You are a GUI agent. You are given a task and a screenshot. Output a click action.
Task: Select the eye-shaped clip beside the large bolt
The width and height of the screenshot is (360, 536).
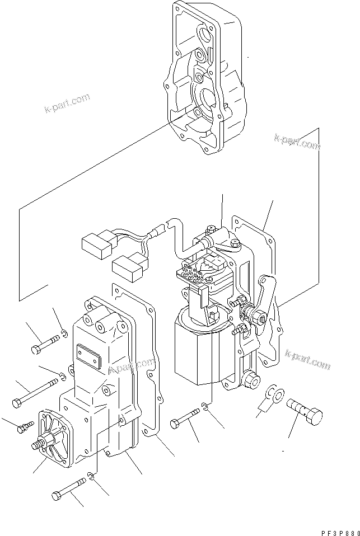(x=273, y=393)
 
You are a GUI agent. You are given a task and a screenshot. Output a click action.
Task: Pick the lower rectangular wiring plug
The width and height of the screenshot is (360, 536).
(x=128, y=266)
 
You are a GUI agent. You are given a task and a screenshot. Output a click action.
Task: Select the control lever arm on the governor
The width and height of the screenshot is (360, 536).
(x=267, y=297)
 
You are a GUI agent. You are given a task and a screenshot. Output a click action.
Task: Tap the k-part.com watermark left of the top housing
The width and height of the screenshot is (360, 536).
(x=67, y=104)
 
